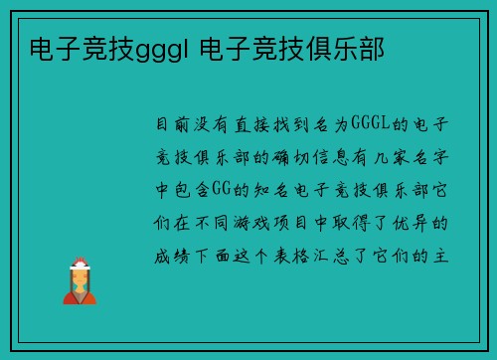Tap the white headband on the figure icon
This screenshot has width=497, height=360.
tap(80, 264)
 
